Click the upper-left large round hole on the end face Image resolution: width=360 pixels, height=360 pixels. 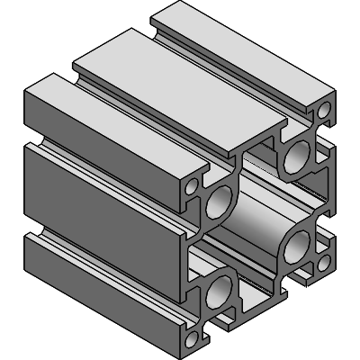point(219,203)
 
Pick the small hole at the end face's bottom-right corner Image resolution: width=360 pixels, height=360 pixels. point(322,265)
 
